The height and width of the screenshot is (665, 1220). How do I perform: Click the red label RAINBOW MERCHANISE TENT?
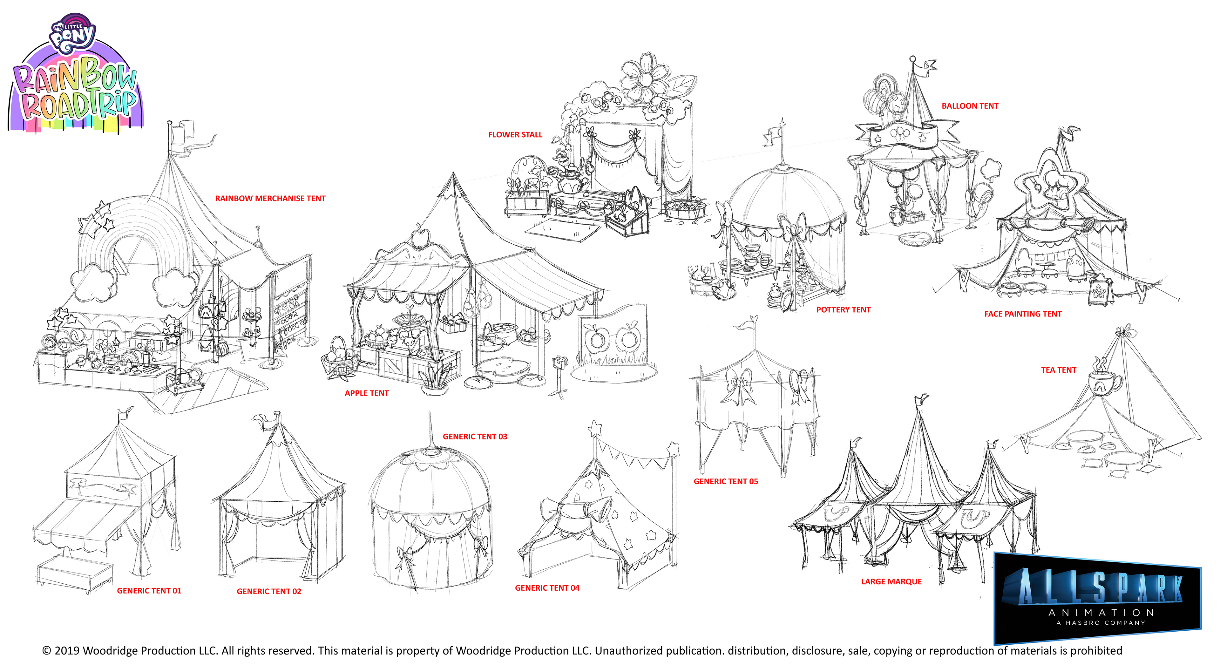point(270,199)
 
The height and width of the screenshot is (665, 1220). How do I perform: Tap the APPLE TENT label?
point(367,393)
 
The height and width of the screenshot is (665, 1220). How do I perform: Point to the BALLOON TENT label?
point(970,106)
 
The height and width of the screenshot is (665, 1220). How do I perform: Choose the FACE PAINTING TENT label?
point(1023,314)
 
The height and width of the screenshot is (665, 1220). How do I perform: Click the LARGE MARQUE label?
point(891,582)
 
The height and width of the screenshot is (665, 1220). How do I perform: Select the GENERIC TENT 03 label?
point(475,437)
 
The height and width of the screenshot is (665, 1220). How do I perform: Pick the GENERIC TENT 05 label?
point(726,481)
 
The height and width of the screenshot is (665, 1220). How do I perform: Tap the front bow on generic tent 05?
point(738,386)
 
